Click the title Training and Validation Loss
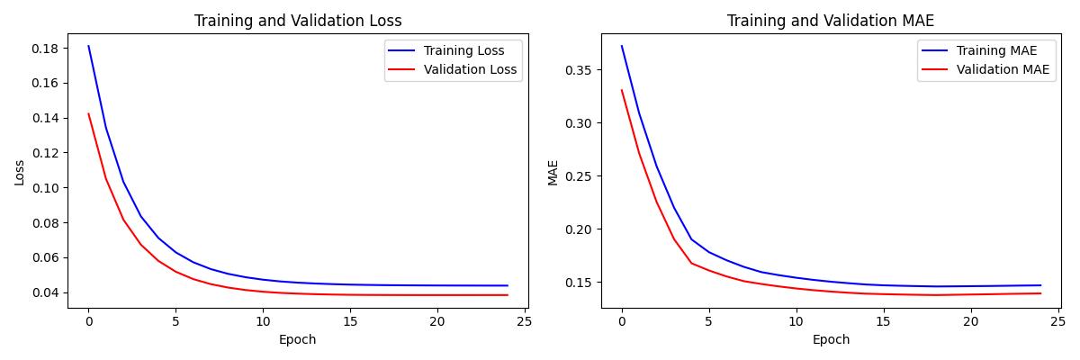pos(298,21)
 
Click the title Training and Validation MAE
pos(831,21)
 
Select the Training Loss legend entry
pos(463,51)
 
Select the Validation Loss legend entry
pos(470,69)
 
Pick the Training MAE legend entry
pos(996,51)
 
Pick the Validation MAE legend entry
pos(1003,69)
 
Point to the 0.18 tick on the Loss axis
pos(47,49)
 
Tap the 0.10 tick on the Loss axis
pos(47,188)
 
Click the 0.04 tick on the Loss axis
pos(47,292)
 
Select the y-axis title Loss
pos(20,171)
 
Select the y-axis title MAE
pos(553,172)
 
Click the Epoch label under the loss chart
pos(298,340)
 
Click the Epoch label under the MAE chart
pos(831,340)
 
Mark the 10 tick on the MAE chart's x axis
pos(796,321)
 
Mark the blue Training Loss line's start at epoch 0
pos(88,46)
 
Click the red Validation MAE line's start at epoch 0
pos(621,90)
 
